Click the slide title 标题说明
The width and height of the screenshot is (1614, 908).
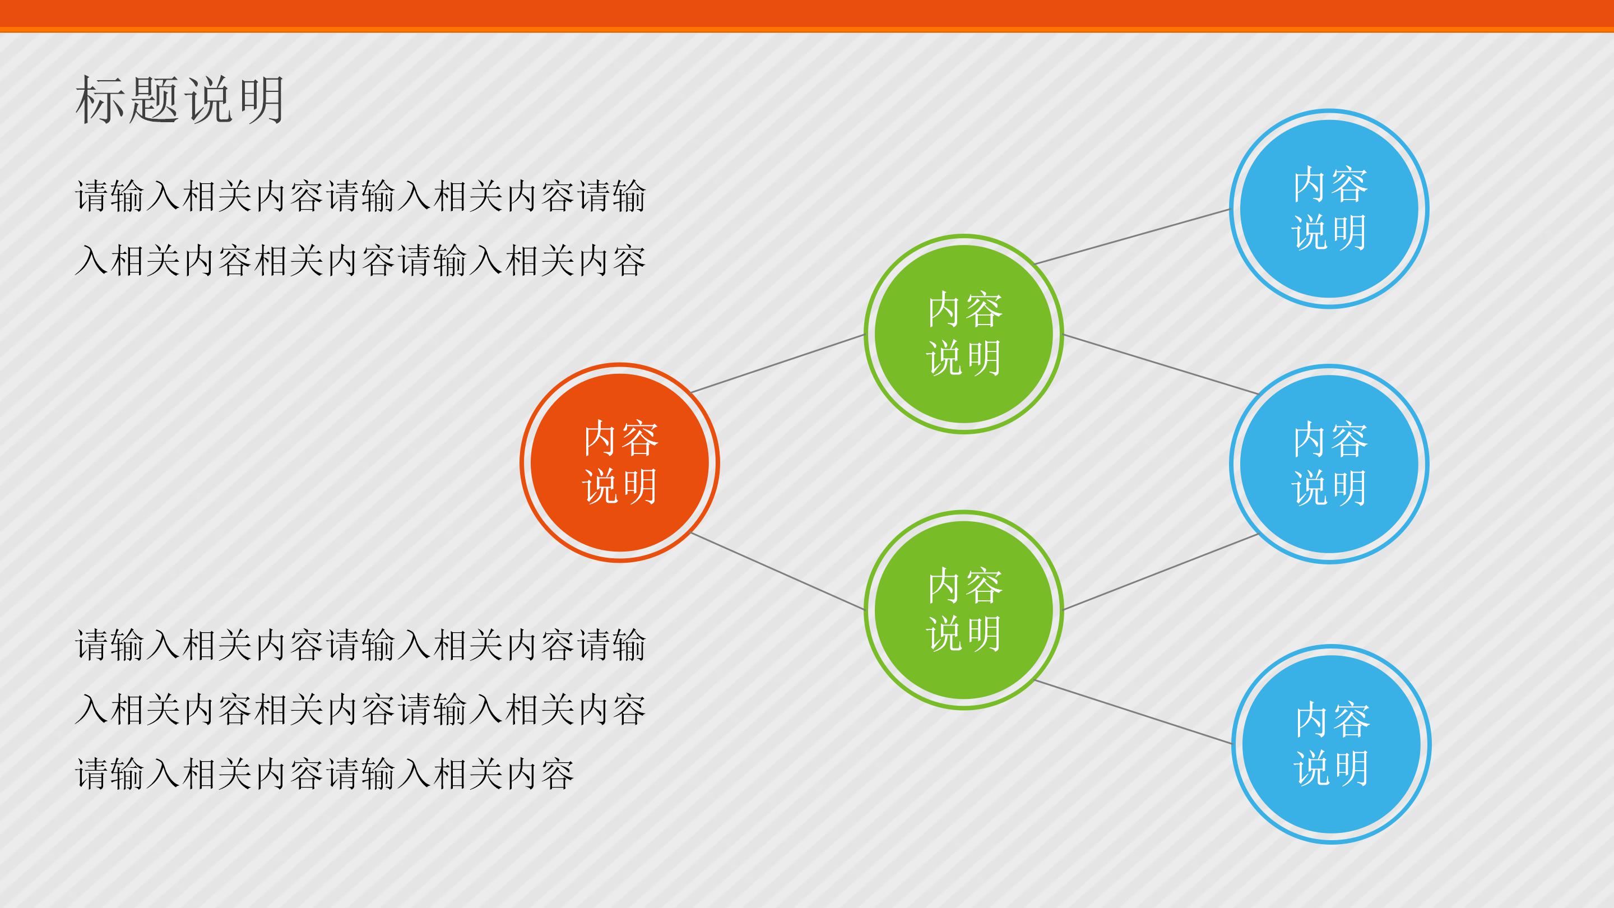click(x=180, y=100)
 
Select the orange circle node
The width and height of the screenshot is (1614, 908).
click(x=620, y=462)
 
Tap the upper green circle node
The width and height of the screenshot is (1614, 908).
click(x=964, y=334)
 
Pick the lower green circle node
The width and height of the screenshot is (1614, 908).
click(x=964, y=610)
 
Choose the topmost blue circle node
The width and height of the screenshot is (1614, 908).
click(x=1329, y=209)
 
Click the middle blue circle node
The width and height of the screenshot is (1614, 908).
click(x=1329, y=464)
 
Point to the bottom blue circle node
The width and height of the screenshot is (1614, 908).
click(x=1332, y=744)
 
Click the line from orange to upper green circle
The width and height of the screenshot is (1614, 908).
click(x=777, y=363)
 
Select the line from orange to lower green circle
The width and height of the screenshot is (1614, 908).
click(x=777, y=571)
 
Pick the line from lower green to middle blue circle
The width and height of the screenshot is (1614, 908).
click(x=1161, y=572)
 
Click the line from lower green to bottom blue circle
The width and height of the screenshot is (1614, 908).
click(x=1133, y=712)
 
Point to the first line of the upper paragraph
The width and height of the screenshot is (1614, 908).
click(x=360, y=196)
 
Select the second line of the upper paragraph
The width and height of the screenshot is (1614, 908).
click(x=360, y=261)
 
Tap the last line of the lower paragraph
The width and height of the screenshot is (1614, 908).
click(x=324, y=774)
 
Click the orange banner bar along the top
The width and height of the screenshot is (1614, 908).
click(x=807, y=16)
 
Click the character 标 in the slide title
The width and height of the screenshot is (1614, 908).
click(x=100, y=100)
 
